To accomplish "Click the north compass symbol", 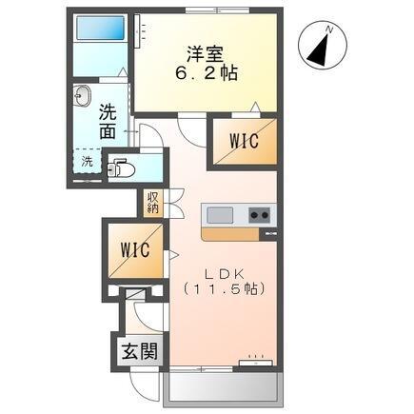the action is pos(323,45).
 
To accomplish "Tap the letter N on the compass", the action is pos(329,30).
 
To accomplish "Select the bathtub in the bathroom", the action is pos(100,28).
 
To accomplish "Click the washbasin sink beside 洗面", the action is pos(83,95).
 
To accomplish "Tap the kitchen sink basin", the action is pos(220,215).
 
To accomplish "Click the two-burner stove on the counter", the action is pos(259,215).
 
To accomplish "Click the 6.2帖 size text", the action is pos(206,73).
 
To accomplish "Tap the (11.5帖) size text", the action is pos(224,288).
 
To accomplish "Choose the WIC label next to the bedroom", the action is pos(244,141).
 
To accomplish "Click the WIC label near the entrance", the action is pos(135,250).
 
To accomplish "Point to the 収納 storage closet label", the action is pos(152,203).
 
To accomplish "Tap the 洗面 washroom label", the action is pos(108,121).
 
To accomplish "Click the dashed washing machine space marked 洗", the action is pos(88,161).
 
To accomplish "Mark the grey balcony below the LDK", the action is pos(224,387).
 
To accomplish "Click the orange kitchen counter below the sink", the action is pos(230,234).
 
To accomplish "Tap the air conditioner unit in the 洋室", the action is pos(138,31).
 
